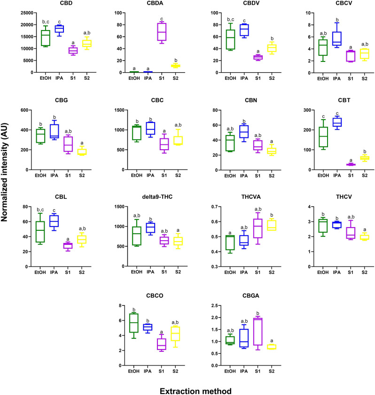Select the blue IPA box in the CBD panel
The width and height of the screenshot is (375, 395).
coord(59,29)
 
